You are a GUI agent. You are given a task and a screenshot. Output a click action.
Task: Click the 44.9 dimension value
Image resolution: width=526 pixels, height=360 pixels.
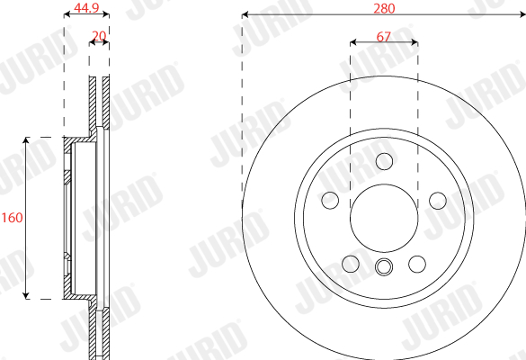point(86,7)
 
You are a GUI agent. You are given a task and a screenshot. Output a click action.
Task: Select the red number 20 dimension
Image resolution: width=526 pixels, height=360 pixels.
point(99,36)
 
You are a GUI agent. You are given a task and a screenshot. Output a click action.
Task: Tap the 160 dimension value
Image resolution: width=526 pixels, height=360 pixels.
point(12,218)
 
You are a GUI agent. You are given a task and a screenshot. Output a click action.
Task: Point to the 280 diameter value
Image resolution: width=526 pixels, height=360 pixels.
point(384,8)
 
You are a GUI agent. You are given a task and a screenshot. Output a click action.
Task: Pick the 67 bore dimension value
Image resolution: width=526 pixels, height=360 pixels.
point(384,36)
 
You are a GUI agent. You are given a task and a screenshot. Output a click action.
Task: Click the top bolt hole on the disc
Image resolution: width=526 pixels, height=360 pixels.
point(384,161)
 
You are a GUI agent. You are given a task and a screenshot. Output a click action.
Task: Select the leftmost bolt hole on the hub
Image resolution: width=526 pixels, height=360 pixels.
point(330,201)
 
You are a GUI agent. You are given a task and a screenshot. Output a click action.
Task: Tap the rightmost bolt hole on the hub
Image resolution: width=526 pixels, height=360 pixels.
point(438,201)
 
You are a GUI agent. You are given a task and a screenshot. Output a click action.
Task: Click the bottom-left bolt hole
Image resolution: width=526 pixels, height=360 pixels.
point(351,264)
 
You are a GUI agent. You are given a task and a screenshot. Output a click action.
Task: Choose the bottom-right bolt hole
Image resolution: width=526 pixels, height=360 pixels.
point(417,264)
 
